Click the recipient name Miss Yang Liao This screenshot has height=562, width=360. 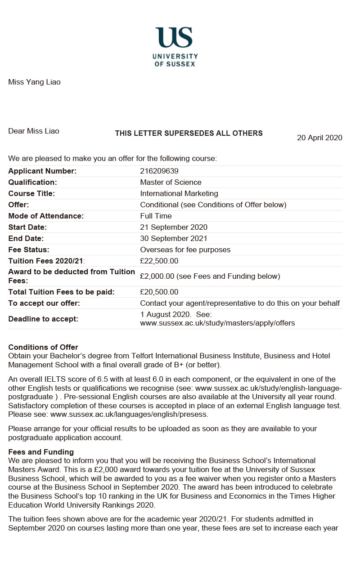click(x=34, y=82)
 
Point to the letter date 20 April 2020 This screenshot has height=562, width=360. click(x=319, y=138)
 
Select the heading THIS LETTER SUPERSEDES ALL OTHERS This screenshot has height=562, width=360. click(x=189, y=133)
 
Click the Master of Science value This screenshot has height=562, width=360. click(x=171, y=182)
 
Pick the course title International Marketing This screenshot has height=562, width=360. click(x=179, y=193)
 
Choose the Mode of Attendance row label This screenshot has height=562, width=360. click(x=46, y=216)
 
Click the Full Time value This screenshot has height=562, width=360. click(x=154, y=216)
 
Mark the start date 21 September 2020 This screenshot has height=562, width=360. click(x=174, y=227)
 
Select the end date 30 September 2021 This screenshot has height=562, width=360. click(x=174, y=238)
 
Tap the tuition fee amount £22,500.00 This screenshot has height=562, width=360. click(x=159, y=261)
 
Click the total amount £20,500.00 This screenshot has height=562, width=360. click(x=159, y=292)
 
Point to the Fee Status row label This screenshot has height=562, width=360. click(x=29, y=250)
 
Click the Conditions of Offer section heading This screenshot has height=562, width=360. click(x=43, y=347)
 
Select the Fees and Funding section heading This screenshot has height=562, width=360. click(x=41, y=452)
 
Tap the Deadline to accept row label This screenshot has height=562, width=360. click(x=43, y=319)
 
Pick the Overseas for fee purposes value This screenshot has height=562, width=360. click(x=185, y=250)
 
